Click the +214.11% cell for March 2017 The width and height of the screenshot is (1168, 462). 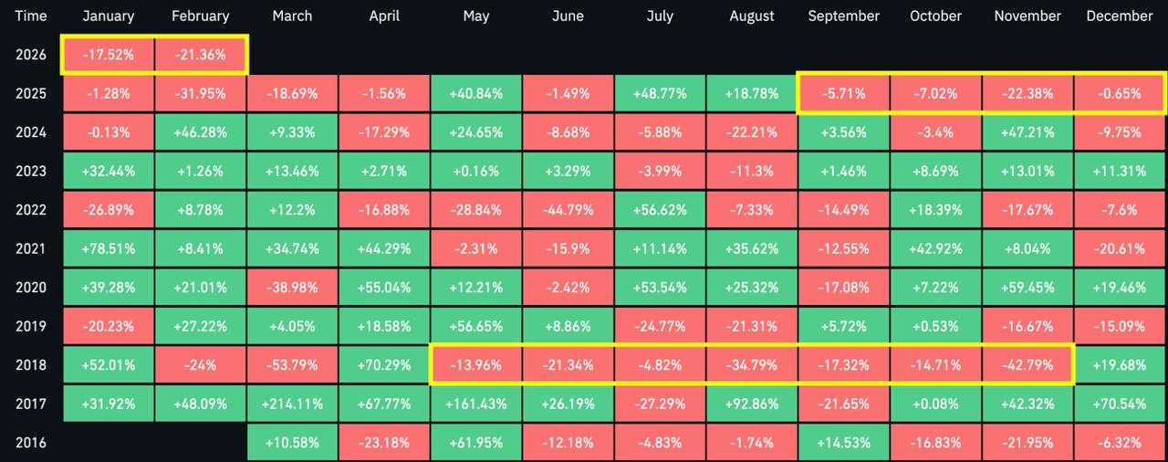pyautogui.click(x=292, y=404)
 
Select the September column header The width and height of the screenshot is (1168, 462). pyautogui.click(x=844, y=16)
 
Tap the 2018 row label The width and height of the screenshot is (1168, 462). pyautogui.click(x=30, y=364)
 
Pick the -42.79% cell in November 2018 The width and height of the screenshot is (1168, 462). pyautogui.click(x=1027, y=364)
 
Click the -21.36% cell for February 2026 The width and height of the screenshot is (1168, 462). pyautogui.click(x=200, y=55)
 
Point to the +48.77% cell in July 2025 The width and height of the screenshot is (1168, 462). pyautogui.click(x=660, y=93)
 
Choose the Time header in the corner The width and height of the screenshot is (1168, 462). pyautogui.click(x=30, y=16)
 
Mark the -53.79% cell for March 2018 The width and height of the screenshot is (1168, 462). pyautogui.click(x=292, y=364)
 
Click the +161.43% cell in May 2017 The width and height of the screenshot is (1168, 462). pyautogui.click(x=475, y=404)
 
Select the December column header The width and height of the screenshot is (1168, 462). pyautogui.click(x=1120, y=16)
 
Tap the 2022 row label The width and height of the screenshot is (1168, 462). pyautogui.click(x=30, y=209)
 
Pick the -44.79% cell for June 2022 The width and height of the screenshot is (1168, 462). pyautogui.click(x=568, y=209)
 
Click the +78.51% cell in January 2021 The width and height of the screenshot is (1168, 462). pyautogui.click(x=109, y=248)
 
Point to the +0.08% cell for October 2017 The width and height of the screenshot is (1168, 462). pyautogui.click(x=936, y=404)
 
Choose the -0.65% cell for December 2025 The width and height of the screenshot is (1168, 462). pyautogui.click(x=1120, y=93)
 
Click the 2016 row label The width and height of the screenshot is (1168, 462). pyautogui.click(x=30, y=442)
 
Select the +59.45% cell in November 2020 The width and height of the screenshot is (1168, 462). pyautogui.click(x=1027, y=287)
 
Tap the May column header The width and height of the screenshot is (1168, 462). pyautogui.click(x=475, y=16)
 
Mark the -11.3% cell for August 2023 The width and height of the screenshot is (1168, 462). pyautogui.click(x=752, y=171)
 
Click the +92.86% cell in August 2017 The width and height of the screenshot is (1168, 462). pyautogui.click(x=752, y=404)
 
